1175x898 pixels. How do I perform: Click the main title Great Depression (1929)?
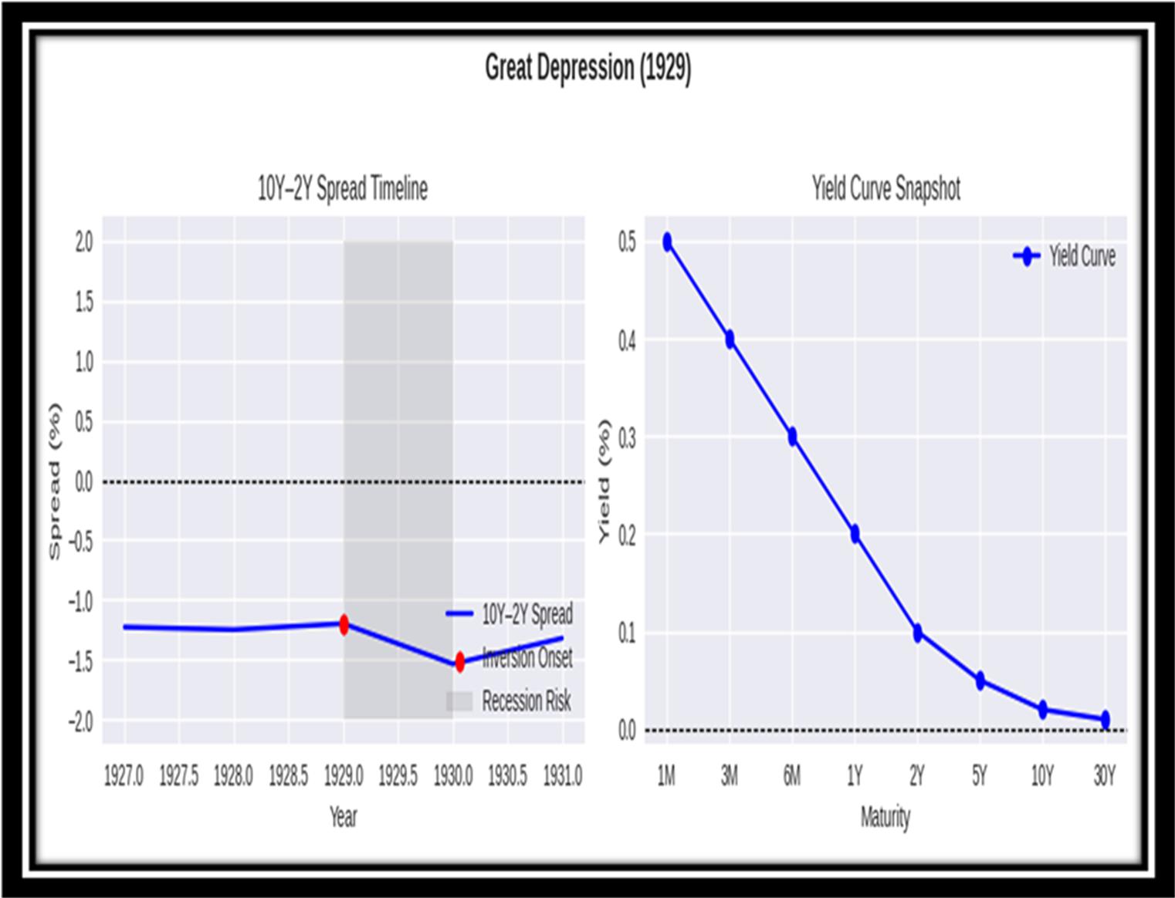587,69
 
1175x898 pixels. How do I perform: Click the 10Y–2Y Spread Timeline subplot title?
342,189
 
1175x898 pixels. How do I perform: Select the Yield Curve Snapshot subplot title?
885,189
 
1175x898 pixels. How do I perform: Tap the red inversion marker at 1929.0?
344,624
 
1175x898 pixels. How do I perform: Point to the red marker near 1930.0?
460,662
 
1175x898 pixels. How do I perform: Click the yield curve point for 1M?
667,242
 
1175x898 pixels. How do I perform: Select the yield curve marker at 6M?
792,437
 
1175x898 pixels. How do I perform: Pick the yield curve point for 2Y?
917,633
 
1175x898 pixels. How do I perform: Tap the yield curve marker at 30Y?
1105,719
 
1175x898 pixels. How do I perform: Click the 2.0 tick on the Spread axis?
83,242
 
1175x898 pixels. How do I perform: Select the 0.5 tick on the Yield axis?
627,242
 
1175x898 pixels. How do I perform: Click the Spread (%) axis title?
54,481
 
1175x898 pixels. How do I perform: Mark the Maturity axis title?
885,817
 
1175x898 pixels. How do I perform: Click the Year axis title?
343,817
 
